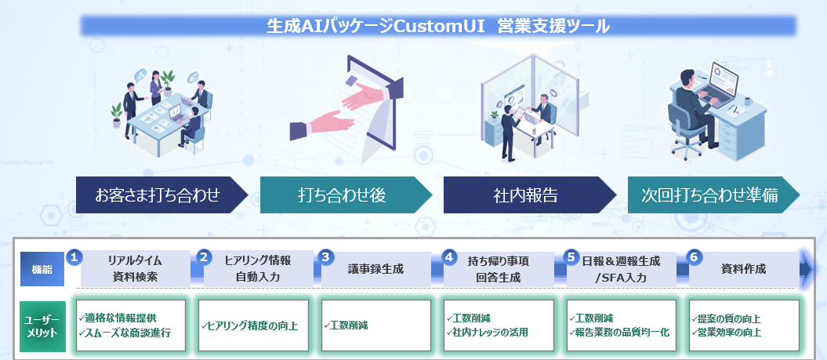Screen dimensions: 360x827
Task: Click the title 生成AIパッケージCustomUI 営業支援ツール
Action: pos(438,26)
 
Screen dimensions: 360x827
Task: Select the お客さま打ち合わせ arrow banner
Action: pos(158,195)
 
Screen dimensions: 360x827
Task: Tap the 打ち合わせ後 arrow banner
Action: pos(342,195)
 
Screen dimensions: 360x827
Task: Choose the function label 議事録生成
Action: pos(375,269)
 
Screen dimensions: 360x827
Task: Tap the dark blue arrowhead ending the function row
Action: pos(807,269)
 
